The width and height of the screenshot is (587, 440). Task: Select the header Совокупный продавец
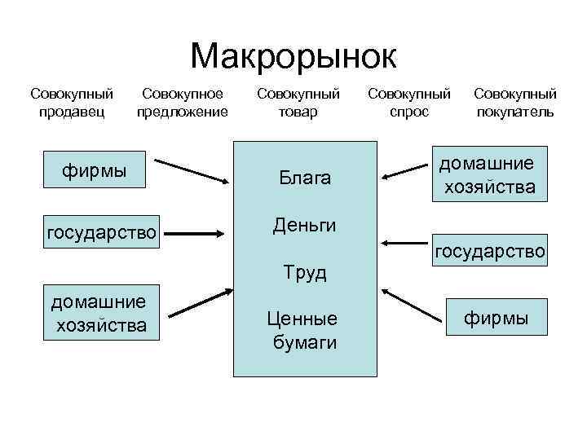tap(71, 103)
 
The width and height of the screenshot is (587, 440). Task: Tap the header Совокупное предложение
tap(182, 103)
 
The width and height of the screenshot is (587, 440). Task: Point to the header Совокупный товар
tap(298, 103)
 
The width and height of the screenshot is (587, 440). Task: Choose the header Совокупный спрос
tap(409, 103)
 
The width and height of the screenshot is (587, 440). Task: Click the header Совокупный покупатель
tap(515, 103)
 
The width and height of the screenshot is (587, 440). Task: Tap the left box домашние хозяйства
tap(99, 314)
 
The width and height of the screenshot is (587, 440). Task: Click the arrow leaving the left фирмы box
tap(193, 169)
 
